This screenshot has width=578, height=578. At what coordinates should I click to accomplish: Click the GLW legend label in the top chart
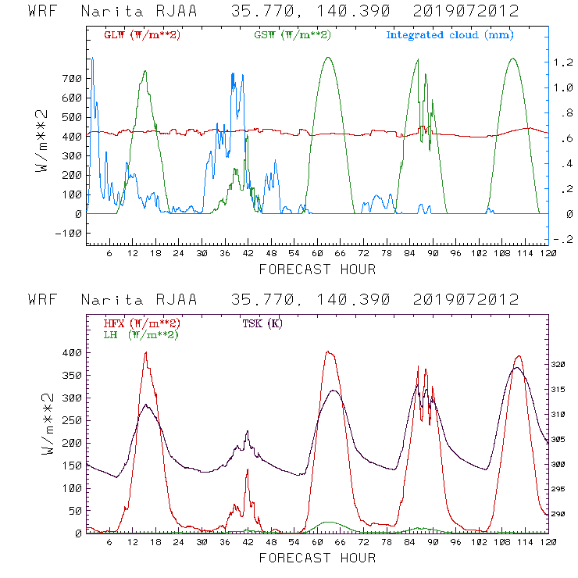(x=138, y=35)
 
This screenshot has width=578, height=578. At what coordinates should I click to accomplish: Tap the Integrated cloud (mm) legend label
(x=450, y=35)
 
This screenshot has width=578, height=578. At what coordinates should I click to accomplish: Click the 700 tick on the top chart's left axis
(x=72, y=78)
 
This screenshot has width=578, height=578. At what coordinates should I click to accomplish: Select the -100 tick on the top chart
(x=69, y=233)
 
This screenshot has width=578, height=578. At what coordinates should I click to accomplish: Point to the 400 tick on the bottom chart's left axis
(x=72, y=353)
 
